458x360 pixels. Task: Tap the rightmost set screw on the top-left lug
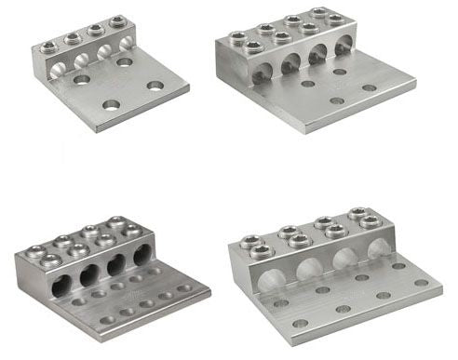tap(117, 21)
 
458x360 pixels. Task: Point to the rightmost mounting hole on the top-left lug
tap(155, 86)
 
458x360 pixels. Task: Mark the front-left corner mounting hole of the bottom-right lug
tap(300, 324)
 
